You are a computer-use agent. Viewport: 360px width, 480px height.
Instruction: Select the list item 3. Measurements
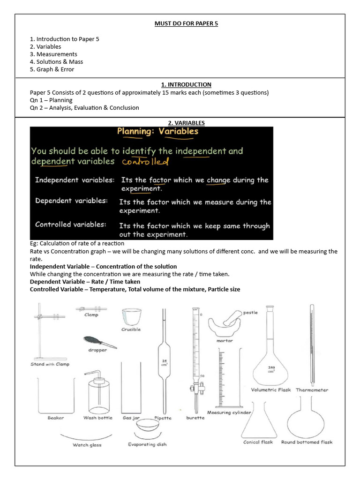pyautogui.click(x=53, y=54)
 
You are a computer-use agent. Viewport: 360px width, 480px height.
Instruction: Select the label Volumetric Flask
pyautogui.click(x=271, y=390)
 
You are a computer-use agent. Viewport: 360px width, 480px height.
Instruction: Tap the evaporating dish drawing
pyautogui.click(x=147, y=428)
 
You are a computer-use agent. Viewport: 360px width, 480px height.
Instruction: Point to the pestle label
pyautogui.click(x=250, y=312)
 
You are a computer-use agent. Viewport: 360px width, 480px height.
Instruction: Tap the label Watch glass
pyautogui.click(x=87, y=445)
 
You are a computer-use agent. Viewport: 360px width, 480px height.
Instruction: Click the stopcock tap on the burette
pyautogui.click(x=193, y=389)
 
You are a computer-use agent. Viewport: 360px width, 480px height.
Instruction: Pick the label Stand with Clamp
pyautogui.click(x=50, y=364)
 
